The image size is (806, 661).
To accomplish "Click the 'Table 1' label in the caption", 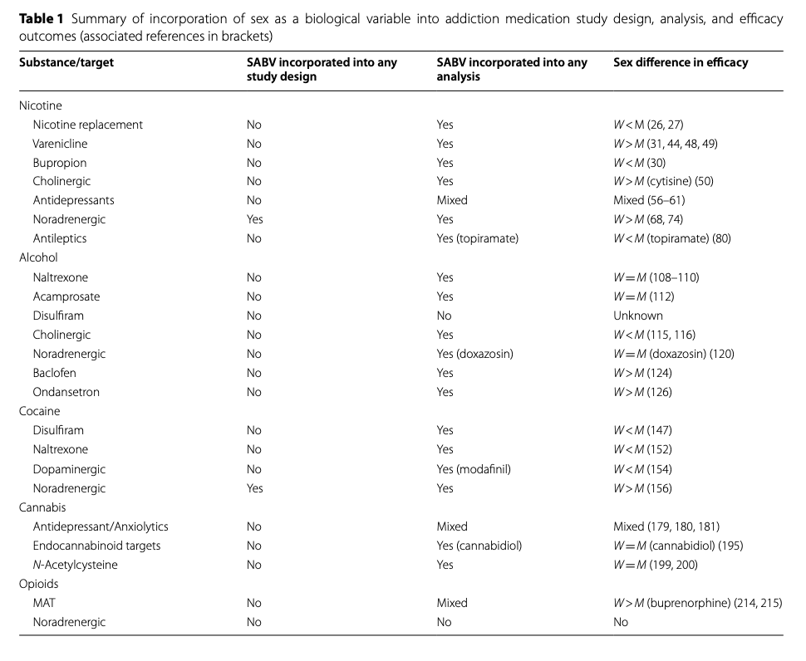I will coord(40,19).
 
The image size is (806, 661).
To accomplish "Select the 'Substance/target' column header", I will coord(66,62).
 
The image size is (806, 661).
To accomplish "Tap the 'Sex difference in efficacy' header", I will coord(681,62).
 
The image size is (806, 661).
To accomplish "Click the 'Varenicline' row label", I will coord(60,144).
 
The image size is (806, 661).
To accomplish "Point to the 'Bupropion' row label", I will coord(59,163).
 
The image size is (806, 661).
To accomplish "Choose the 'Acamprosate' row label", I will coord(66,296).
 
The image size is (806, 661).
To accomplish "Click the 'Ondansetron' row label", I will coord(67,392).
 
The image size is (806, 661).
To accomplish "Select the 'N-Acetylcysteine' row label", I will coord(75,565).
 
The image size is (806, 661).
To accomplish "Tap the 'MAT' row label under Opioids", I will coord(44,603).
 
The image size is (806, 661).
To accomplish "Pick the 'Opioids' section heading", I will coord(39,584).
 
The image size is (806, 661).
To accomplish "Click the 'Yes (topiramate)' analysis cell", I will coord(477,238).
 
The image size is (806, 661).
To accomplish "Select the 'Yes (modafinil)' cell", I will coord(474,469).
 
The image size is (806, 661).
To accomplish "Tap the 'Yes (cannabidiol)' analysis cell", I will coord(479,546).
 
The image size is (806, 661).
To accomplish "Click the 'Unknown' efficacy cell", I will coord(638,316).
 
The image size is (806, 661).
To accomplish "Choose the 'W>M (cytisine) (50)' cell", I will coord(663,181).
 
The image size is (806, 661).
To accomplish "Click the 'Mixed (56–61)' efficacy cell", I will coord(649,200).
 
